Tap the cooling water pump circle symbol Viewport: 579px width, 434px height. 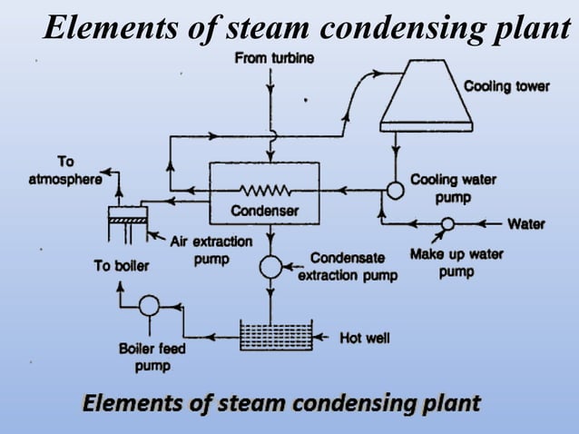(x=396, y=191)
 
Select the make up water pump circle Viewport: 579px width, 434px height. (x=447, y=223)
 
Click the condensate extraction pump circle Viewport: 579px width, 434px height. (x=270, y=266)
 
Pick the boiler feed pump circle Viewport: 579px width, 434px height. (x=150, y=306)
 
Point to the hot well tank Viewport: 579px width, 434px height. (x=275, y=336)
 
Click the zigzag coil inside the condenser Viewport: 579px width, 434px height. (x=264, y=191)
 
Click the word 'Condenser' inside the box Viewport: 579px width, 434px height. (x=264, y=211)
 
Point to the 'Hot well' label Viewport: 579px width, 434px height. (x=365, y=338)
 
